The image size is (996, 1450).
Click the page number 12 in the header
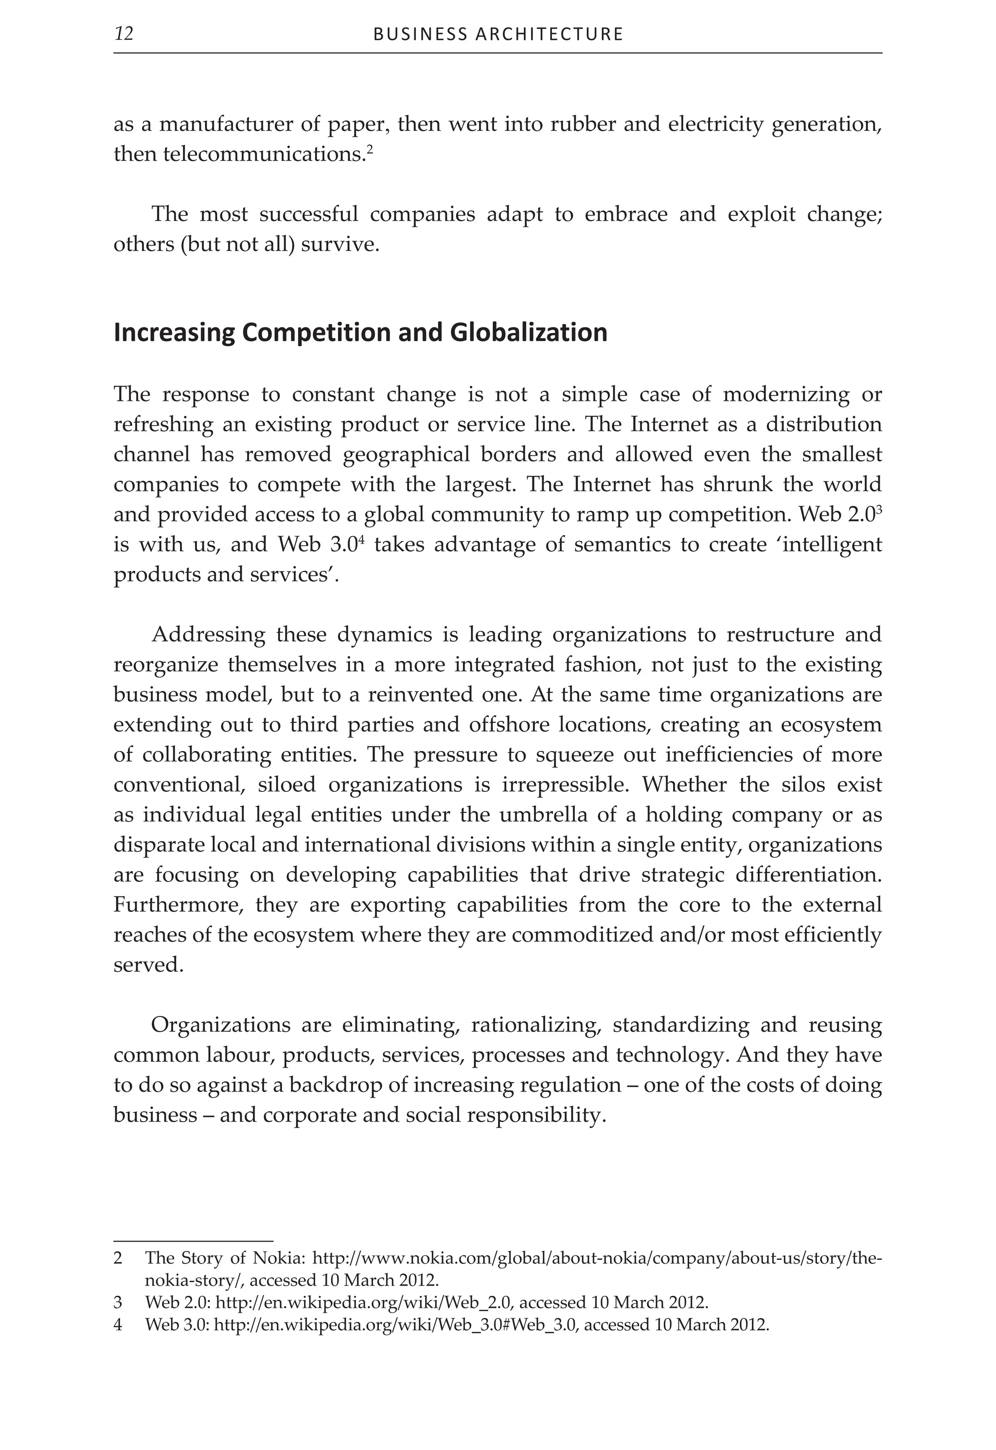click(124, 34)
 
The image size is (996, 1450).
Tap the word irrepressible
click(566, 785)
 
